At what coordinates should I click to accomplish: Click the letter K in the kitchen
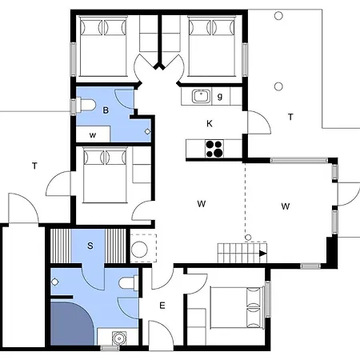[x=209, y=124]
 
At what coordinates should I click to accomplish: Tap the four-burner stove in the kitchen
[x=214, y=147]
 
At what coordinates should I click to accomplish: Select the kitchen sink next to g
[x=200, y=97]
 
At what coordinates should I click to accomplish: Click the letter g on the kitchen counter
[x=219, y=97]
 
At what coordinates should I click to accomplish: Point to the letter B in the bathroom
[x=105, y=110]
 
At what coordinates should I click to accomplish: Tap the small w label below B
[x=93, y=135]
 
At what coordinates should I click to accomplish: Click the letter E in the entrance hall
[x=162, y=305]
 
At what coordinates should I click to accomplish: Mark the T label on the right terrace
[x=290, y=117]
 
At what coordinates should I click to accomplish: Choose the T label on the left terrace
[x=34, y=166]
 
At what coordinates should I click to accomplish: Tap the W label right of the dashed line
[x=286, y=206]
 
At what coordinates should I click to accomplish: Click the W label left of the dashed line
[x=201, y=204]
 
